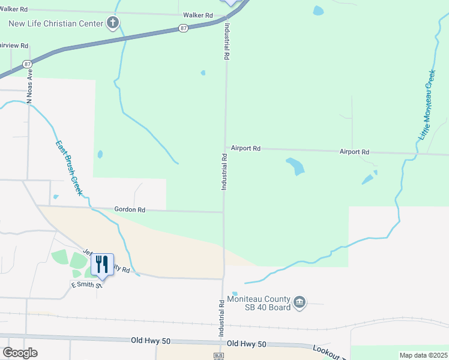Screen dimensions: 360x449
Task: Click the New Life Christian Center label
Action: [x=56, y=24]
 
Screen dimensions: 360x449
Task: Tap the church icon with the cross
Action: [x=112, y=24]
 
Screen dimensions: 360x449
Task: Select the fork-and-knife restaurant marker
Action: [x=102, y=264]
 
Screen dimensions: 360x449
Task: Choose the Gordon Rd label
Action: [x=130, y=210]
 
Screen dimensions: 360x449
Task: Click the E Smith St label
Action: [x=87, y=284]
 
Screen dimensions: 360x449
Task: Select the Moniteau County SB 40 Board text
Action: [x=259, y=303]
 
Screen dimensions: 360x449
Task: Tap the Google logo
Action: [x=20, y=353]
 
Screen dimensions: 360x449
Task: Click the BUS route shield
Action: [x=218, y=356]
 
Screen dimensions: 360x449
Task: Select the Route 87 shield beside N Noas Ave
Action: [x=27, y=64]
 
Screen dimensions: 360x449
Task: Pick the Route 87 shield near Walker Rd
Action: [x=183, y=28]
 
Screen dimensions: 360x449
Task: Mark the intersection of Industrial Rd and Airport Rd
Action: [x=225, y=148]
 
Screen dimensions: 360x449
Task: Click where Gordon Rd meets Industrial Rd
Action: [x=223, y=211]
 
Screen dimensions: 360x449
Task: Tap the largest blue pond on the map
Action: [x=295, y=166]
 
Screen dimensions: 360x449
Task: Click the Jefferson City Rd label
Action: [x=108, y=262]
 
